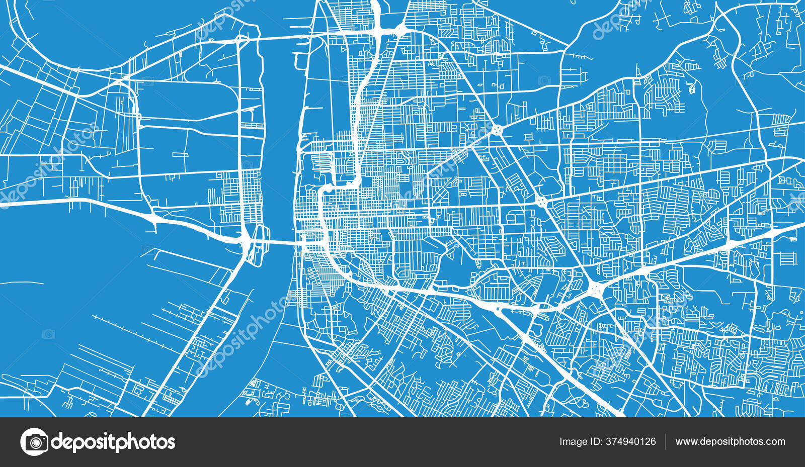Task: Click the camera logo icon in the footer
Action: (34, 442)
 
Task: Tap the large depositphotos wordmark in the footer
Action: (113, 442)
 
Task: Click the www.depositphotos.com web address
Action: (730, 442)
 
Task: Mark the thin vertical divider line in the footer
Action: (666, 442)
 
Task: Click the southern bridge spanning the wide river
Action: (277, 243)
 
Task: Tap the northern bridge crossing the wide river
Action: (282, 36)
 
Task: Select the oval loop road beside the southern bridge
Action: (259, 245)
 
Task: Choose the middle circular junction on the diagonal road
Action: (542, 202)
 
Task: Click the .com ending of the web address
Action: (775, 442)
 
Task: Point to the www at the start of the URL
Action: (685, 442)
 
